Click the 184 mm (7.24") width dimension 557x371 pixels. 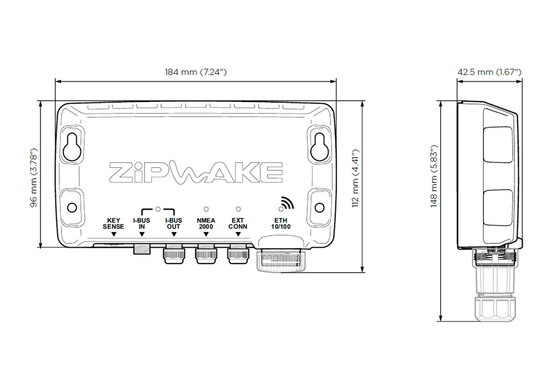pos(195,72)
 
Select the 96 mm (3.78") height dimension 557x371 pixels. pos(33,177)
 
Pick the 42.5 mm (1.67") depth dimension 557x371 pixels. pos(489,72)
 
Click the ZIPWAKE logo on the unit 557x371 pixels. pos(196,173)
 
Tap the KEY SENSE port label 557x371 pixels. pos(114,224)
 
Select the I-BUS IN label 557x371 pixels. pos(141,224)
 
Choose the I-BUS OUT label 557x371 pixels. pos(174,224)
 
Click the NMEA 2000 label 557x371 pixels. pos(206,224)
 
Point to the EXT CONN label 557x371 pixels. pos(238,224)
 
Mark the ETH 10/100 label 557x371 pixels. pos(281,224)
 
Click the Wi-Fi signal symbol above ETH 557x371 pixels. pos(285,203)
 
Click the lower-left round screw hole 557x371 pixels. pos(72,207)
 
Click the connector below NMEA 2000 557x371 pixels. pos(206,254)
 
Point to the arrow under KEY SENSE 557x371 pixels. pos(114,234)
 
